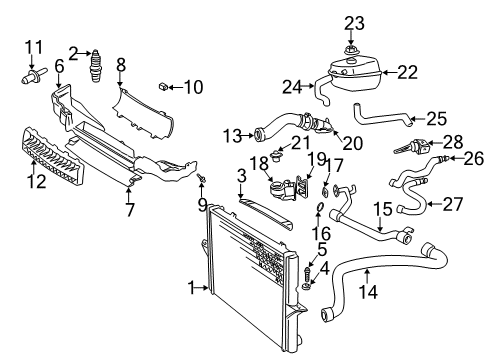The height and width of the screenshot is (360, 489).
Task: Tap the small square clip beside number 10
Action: tap(161, 88)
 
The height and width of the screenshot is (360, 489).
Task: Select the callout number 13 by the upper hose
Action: tap(232, 134)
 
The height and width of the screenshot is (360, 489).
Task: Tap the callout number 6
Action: tap(59, 66)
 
